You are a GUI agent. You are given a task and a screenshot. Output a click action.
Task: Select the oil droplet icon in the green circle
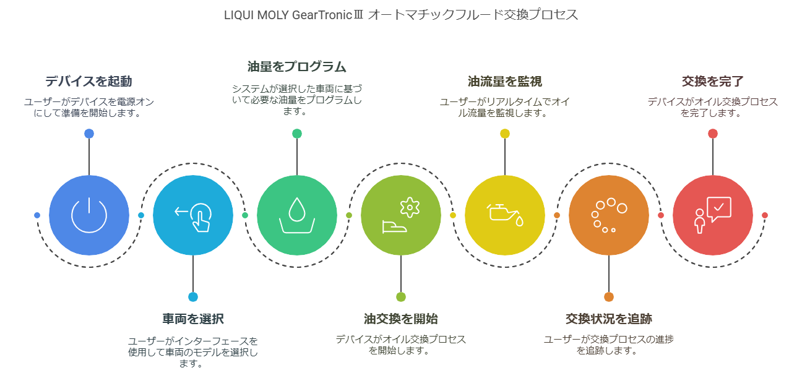[297, 215]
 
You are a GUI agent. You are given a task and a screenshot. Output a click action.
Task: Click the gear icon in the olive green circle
[410, 207]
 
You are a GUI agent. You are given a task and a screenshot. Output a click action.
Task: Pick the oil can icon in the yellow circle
[505, 215]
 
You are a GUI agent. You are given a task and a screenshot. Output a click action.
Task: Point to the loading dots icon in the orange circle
[609, 215]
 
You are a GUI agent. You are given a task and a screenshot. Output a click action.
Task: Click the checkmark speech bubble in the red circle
[719, 209]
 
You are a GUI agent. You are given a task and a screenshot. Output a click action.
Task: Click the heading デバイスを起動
[88, 82]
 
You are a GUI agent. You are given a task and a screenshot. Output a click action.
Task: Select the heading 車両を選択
[193, 319]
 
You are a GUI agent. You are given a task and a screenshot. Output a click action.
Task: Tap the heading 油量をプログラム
[297, 67]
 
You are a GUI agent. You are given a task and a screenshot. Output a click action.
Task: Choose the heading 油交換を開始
[401, 319]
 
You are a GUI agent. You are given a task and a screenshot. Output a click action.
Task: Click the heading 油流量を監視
[505, 82]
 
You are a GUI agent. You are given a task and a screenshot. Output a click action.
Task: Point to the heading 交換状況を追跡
[609, 319]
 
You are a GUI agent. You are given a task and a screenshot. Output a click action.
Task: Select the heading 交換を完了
[713, 82]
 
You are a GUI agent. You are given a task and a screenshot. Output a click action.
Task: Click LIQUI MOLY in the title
[256, 15]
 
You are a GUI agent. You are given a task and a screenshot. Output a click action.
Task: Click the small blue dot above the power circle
[89, 134]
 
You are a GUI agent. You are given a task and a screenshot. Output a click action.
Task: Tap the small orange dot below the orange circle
[609, 297]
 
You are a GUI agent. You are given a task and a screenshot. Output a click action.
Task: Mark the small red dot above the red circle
[713, 134]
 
